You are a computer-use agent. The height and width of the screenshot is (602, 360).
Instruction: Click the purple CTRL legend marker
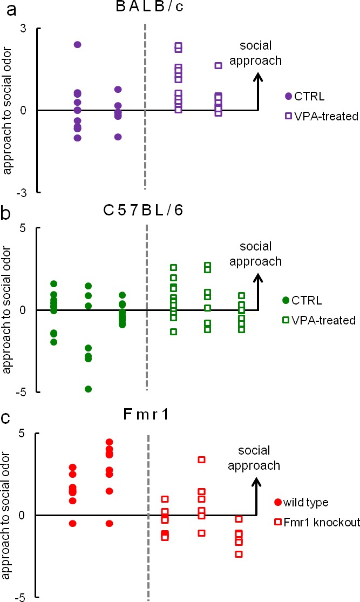click(288, 96)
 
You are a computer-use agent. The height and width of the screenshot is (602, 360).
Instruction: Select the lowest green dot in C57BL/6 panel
click(89, 389)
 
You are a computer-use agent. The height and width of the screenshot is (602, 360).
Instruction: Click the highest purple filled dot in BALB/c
click(78, 44)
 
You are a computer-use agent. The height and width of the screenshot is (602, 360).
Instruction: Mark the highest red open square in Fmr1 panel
click(201, 460)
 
